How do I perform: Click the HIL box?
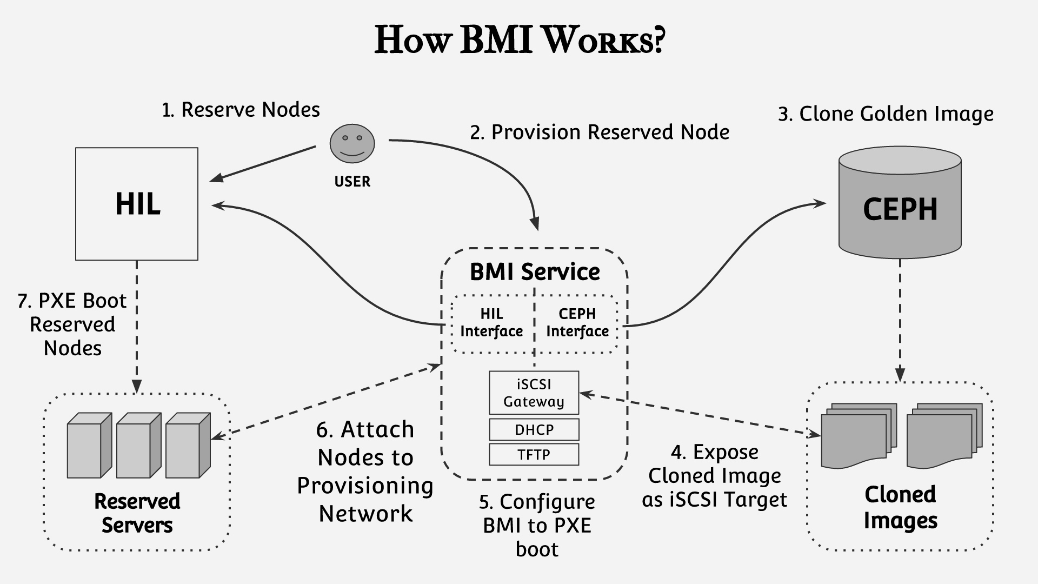coord(137,204)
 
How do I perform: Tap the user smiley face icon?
coord(352,143)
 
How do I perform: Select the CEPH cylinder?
coord(900,202)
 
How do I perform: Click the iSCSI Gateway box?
coord(534,393)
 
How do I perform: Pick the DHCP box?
coord(534,429)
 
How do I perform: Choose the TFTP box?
coord(534,454)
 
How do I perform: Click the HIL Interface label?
coord(491,323)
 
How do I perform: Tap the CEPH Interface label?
coord(577,323)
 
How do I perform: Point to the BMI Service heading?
coord(535,272)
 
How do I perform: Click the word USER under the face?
coord(352,182)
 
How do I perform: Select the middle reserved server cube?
coord(139,446)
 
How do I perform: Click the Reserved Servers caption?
coord(137,513)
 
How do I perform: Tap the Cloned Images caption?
coord(900,508)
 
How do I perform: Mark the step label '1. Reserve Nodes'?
coord(241,110)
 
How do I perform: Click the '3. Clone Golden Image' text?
coord(886,114)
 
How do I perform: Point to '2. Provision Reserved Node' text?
coord(600,132)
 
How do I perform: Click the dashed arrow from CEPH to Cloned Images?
coord(900,321)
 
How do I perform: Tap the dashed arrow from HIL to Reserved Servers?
coord(137,327)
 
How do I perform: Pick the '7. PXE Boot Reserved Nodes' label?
coord(72,324)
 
